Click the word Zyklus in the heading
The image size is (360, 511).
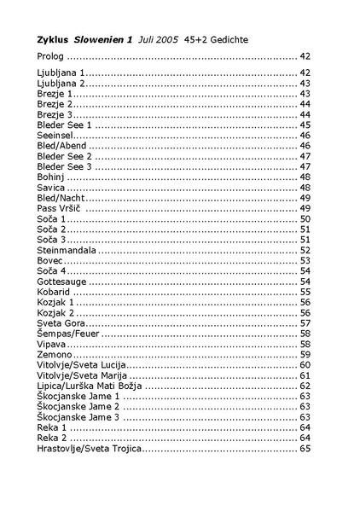point(53,39)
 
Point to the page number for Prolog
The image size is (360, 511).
point(305,55)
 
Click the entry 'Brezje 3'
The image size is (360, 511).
point(55,114)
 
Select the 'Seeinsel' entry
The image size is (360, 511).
point(55,136)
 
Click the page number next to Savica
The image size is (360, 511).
point(305,188)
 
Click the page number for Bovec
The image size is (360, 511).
point(305,260)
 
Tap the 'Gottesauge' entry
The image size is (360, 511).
point(62,281)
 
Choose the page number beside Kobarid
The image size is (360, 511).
point(305,292)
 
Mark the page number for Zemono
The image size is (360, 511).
point(305,354)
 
